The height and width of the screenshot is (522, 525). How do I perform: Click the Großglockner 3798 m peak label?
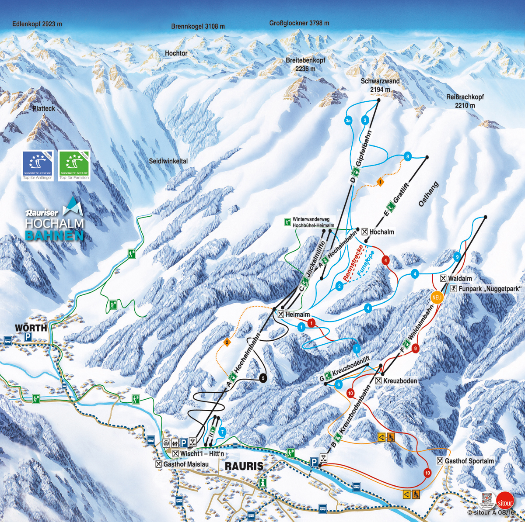pyautogui.click(x=299, y=23)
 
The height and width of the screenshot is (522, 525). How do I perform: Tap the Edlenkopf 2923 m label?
pyautogui.click(x=37, y=24)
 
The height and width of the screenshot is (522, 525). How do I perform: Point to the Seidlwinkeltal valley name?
pyautogui.click(x=168, y=161)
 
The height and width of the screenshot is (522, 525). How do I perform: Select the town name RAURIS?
pyautogui.click(x=244, y=466)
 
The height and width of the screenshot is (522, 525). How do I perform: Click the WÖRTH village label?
pyautogui.click(x=31, y=328)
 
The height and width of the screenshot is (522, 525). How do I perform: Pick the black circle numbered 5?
pyautogui.click(x=263, y=378)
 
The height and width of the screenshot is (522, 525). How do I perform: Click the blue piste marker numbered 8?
pyautogui.click(x=408, y=157)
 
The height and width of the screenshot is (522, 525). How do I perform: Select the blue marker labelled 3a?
pyautogui.click(x=348, y=120)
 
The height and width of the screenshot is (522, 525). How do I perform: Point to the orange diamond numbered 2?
pyautogui.click(x=227, y=342)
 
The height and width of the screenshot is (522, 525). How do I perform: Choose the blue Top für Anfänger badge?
pyautogui.click(x=38, y=166)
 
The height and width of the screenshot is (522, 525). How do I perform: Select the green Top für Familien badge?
pyautogui.click(x=74, y=166)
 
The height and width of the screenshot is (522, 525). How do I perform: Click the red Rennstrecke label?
pyautogui.click(x=352, y=267)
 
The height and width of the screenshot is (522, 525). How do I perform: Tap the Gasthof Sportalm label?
pyautogui.click(x=469, y=461)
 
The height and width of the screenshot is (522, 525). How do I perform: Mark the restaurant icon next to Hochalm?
pyautogui.click(x=364, y=232)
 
